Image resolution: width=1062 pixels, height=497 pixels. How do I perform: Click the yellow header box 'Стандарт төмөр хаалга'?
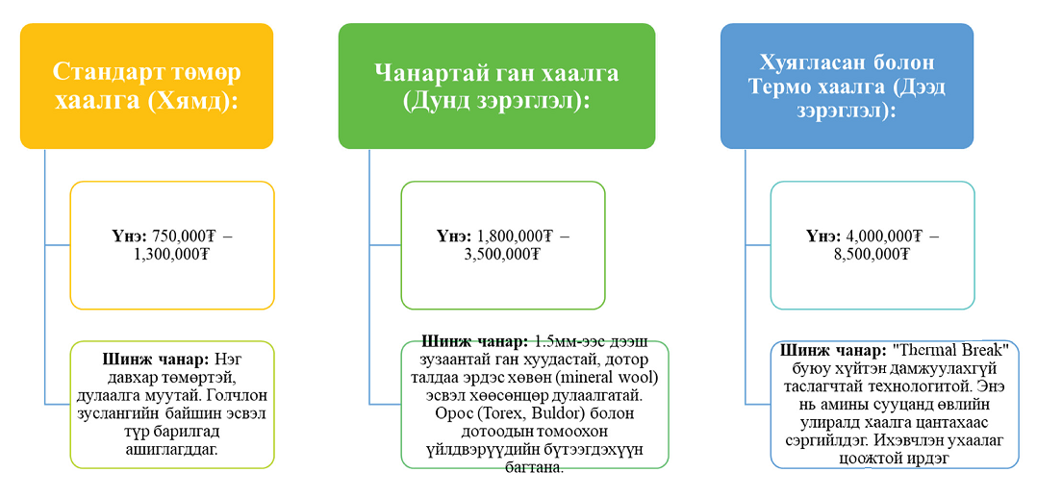click(x=146, y=86)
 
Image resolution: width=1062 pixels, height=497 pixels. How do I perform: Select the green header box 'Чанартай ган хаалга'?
click(x=496, y=86)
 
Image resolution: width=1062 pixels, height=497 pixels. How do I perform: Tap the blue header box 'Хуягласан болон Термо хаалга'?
click(x=847, y=86)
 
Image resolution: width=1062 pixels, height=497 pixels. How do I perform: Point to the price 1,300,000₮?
click(x=173, y=255)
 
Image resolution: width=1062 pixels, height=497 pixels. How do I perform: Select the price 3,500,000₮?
click(x=503, y=255)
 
